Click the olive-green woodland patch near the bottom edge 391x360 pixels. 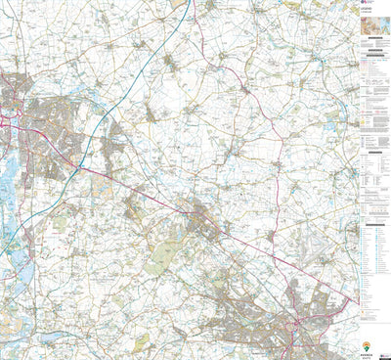[143, 342]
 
